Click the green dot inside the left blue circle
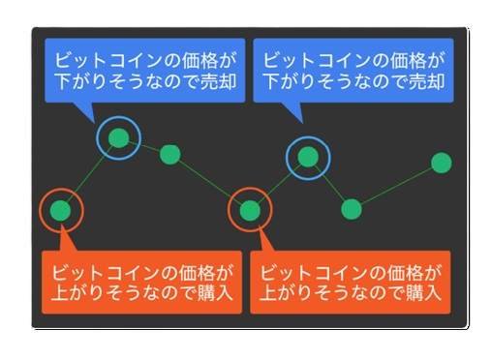coord(118,138)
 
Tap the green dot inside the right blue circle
coord(309,156)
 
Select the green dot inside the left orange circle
coord(60,209)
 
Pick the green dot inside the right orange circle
coord(250,209)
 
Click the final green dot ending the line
coord(442,162)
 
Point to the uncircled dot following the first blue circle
coord(170,153)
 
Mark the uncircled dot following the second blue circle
coord(352,208)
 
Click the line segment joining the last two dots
coord(397,185)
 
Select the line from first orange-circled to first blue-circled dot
coord(89,174)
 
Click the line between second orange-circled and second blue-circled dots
coord(279,183)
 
